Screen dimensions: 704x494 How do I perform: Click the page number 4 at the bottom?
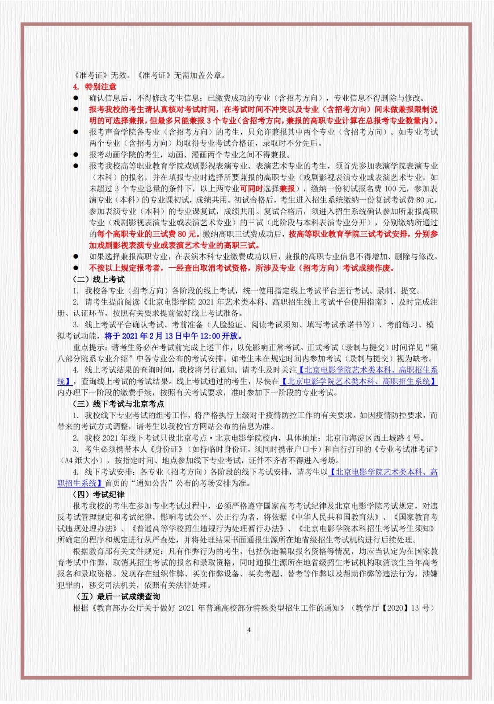[249, 630]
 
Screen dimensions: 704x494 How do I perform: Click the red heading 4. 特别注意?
[95, 87]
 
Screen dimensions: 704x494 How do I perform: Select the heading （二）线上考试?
[99, 279]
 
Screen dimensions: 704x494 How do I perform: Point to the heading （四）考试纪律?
[99, 495]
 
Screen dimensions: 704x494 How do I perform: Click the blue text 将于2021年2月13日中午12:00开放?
[173, 336]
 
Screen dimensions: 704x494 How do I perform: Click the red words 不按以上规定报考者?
[126, 268]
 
